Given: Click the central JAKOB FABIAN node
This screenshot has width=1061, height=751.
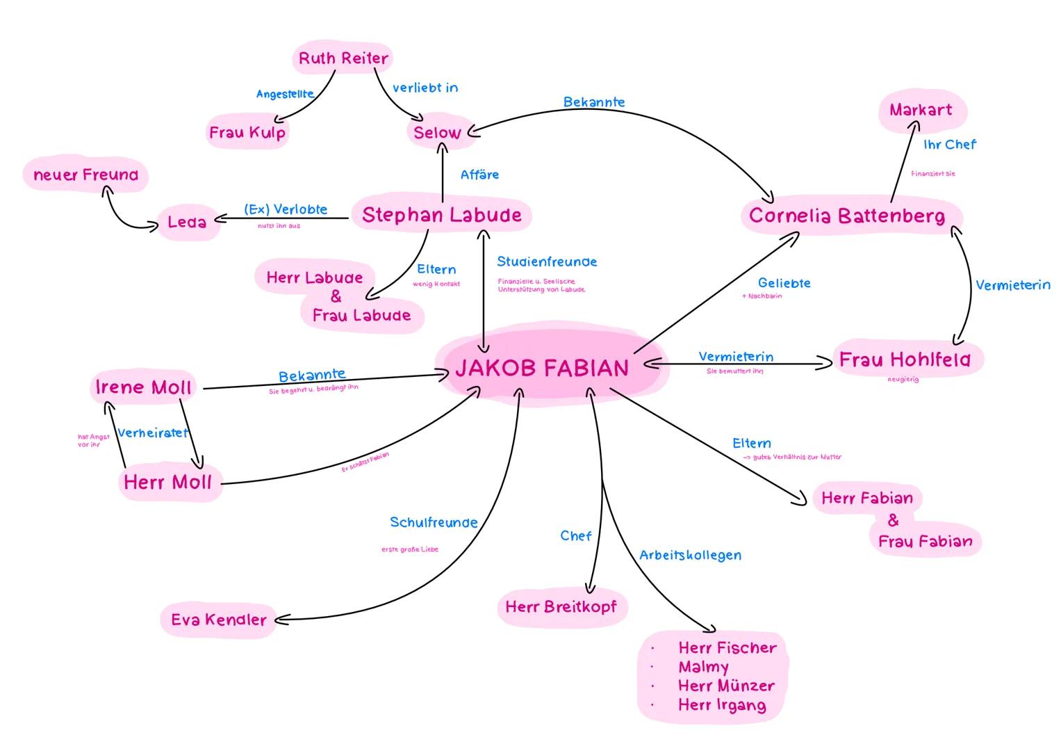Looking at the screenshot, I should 542,367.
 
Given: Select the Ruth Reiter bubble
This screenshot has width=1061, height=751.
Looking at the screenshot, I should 343,58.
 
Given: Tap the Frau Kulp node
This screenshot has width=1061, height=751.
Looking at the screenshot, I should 247,132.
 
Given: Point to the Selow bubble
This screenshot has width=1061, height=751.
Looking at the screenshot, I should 437,133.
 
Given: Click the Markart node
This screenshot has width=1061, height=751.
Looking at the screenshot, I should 921,110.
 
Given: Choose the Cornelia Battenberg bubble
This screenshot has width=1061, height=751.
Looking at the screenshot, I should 847,216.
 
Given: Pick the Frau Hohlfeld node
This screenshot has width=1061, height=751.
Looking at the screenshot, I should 904,360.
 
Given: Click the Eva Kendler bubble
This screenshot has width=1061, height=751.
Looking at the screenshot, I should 219,620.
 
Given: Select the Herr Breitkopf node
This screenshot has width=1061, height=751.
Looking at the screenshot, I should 561,607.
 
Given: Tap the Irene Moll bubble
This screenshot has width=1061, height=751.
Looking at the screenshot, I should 143,387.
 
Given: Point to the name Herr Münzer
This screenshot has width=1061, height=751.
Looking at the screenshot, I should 726,686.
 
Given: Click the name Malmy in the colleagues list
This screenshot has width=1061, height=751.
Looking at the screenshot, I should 703,667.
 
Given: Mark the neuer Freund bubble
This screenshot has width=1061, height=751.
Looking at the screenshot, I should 86,175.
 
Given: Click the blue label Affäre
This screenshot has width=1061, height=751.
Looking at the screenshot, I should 479,175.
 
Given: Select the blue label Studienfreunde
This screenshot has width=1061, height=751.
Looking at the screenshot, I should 547,262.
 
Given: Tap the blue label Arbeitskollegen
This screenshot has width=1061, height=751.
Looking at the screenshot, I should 690,555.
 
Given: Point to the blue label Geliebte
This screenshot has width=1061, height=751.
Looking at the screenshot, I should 784,283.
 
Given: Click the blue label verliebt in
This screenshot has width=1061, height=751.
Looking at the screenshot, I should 425,88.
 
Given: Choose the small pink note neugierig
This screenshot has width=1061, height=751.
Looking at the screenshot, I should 903,380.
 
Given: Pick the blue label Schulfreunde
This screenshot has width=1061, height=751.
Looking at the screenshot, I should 434,522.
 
